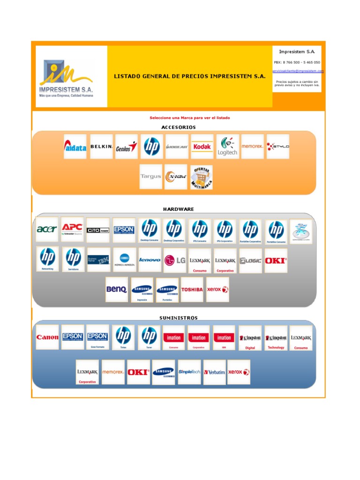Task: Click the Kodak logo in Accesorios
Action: point(202,147)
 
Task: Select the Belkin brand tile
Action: point(101,147)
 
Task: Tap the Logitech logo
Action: point(227,147)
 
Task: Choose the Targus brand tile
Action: point(150,177)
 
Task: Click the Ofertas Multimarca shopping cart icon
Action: point(201,177)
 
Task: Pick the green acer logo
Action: point(47,229)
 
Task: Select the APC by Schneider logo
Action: point(73,229)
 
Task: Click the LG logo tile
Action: point(174,260)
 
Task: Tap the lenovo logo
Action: point(150,260)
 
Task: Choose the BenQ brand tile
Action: point(116,290)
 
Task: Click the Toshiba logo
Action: point(192,290)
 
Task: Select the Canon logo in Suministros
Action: point(47,337)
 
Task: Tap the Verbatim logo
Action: point(214,372)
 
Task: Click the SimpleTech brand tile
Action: point(189,372)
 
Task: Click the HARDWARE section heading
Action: point(178,209)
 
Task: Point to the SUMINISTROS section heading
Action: point(178,318)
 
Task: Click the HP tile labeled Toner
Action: point(149,337)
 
